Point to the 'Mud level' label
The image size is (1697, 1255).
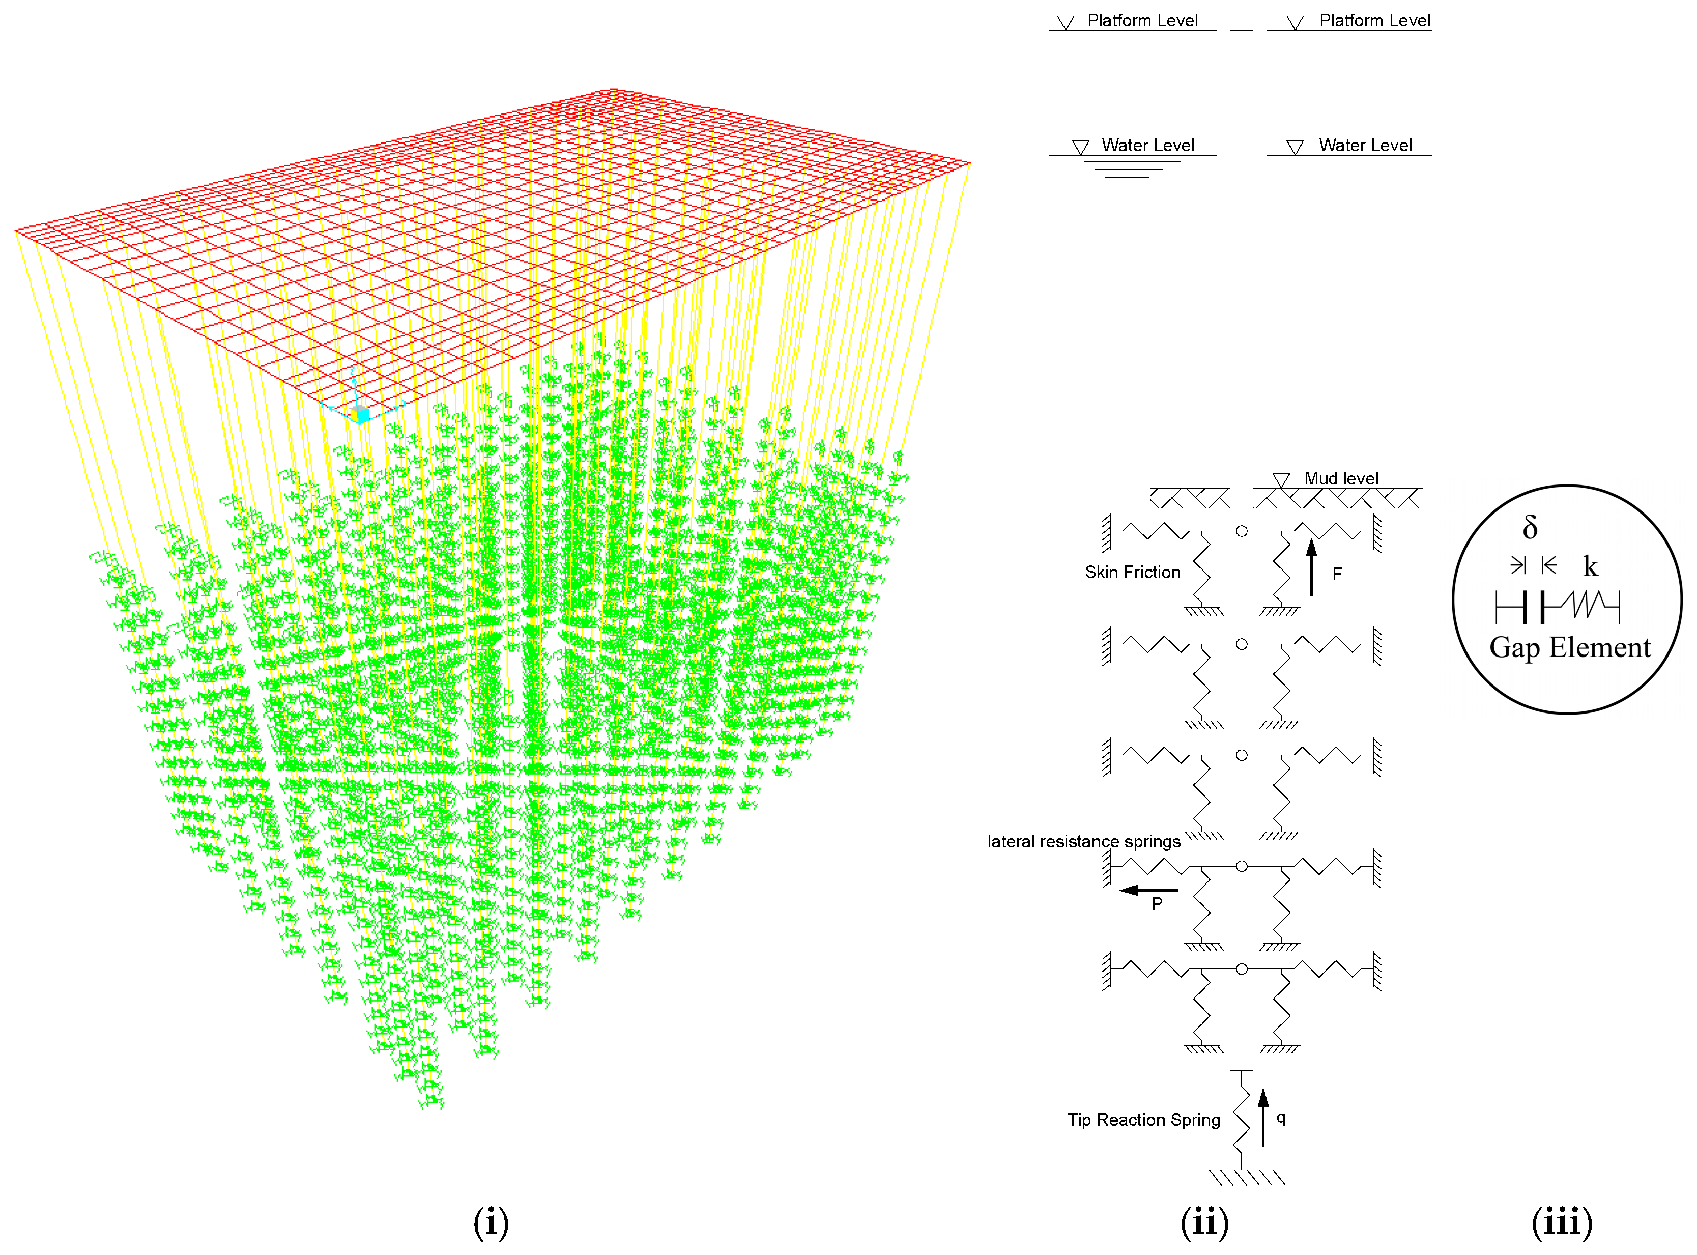1341,478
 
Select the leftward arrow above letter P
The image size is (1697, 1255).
1148,890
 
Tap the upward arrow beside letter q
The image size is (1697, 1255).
1263,1117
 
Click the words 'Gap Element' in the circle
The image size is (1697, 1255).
1569,647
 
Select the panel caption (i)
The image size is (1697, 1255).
491,1222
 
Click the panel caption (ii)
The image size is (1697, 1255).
1204,1222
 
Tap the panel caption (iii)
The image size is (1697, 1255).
1562,1222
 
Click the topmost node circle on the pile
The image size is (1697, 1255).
1241,531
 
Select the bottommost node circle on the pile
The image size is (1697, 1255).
1241,968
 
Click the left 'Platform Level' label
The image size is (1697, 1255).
1142,20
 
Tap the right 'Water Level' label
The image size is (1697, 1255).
1365,145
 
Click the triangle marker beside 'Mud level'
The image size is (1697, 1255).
1281,480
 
